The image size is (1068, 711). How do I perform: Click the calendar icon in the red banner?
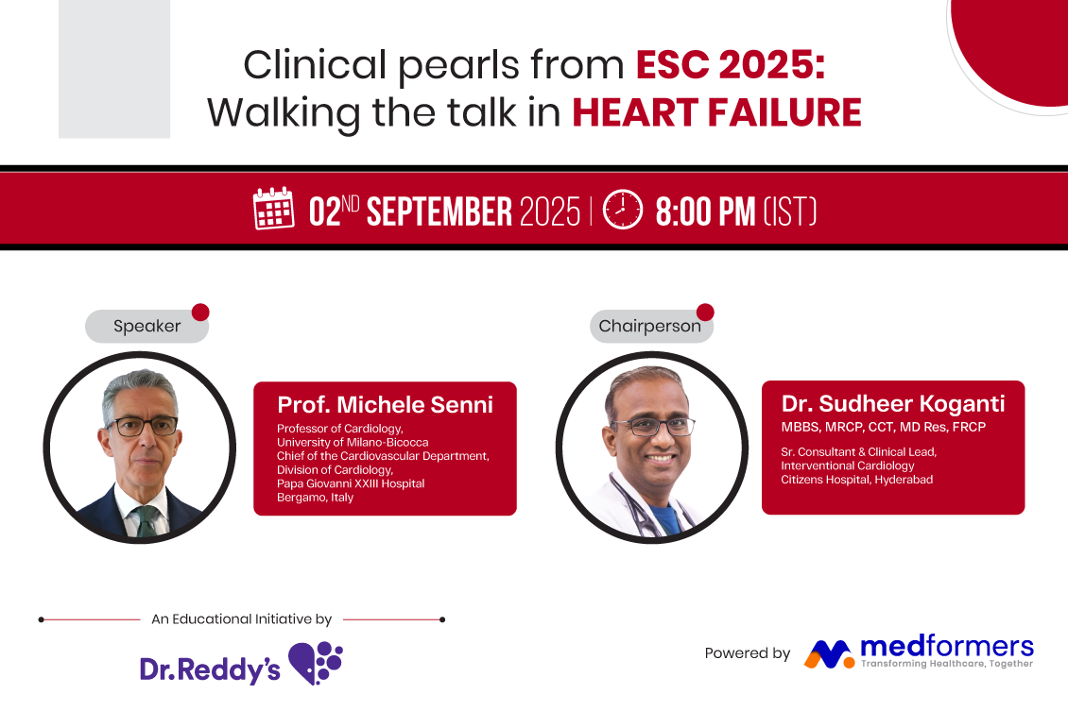pyautogui.click(x=274, y=208)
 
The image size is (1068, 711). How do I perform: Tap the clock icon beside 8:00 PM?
pyautogui.click(x=623, y=210)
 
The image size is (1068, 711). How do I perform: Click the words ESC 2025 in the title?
pyautogui.click(x=731, y=64)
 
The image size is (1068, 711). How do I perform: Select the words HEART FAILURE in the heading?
pyautogui.click(x=716, y=112)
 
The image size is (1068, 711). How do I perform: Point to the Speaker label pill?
pyautogui.click(x=147, y=326)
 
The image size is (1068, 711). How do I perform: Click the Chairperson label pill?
pyautogui.click(x=651, y=326)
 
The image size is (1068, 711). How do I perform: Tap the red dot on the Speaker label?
pyautogui.click(x=200, y=312)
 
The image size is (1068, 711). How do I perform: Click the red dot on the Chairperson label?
pyautogui.click(x=706, y=312)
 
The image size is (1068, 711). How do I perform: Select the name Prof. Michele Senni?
pyautogui.click(x=385, y=405)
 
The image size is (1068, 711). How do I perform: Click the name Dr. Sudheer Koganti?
pyautogui.click(x=893, y=403)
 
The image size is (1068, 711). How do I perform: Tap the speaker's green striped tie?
pyautogui.click(x=146, y=520)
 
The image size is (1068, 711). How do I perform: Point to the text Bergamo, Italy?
pyautogui.click(x=315, y=498)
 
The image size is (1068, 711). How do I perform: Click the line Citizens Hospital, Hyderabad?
pyautogui.click(x=857, y=480)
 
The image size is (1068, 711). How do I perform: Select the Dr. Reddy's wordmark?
pyautogui.click(x=210, y=669)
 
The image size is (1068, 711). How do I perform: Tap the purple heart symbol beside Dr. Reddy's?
pyautogui.click(x=316, y=663)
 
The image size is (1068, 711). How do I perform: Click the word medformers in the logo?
pyautogui.click(x=947, y=646)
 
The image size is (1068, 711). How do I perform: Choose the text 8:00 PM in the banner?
pyautogui.click(x=705, y=212)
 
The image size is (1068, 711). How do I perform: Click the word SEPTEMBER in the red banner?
pyautogui.click(x=439, y=212)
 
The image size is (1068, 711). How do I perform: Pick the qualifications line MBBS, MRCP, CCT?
pyautogui.click(x=884, y=428)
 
